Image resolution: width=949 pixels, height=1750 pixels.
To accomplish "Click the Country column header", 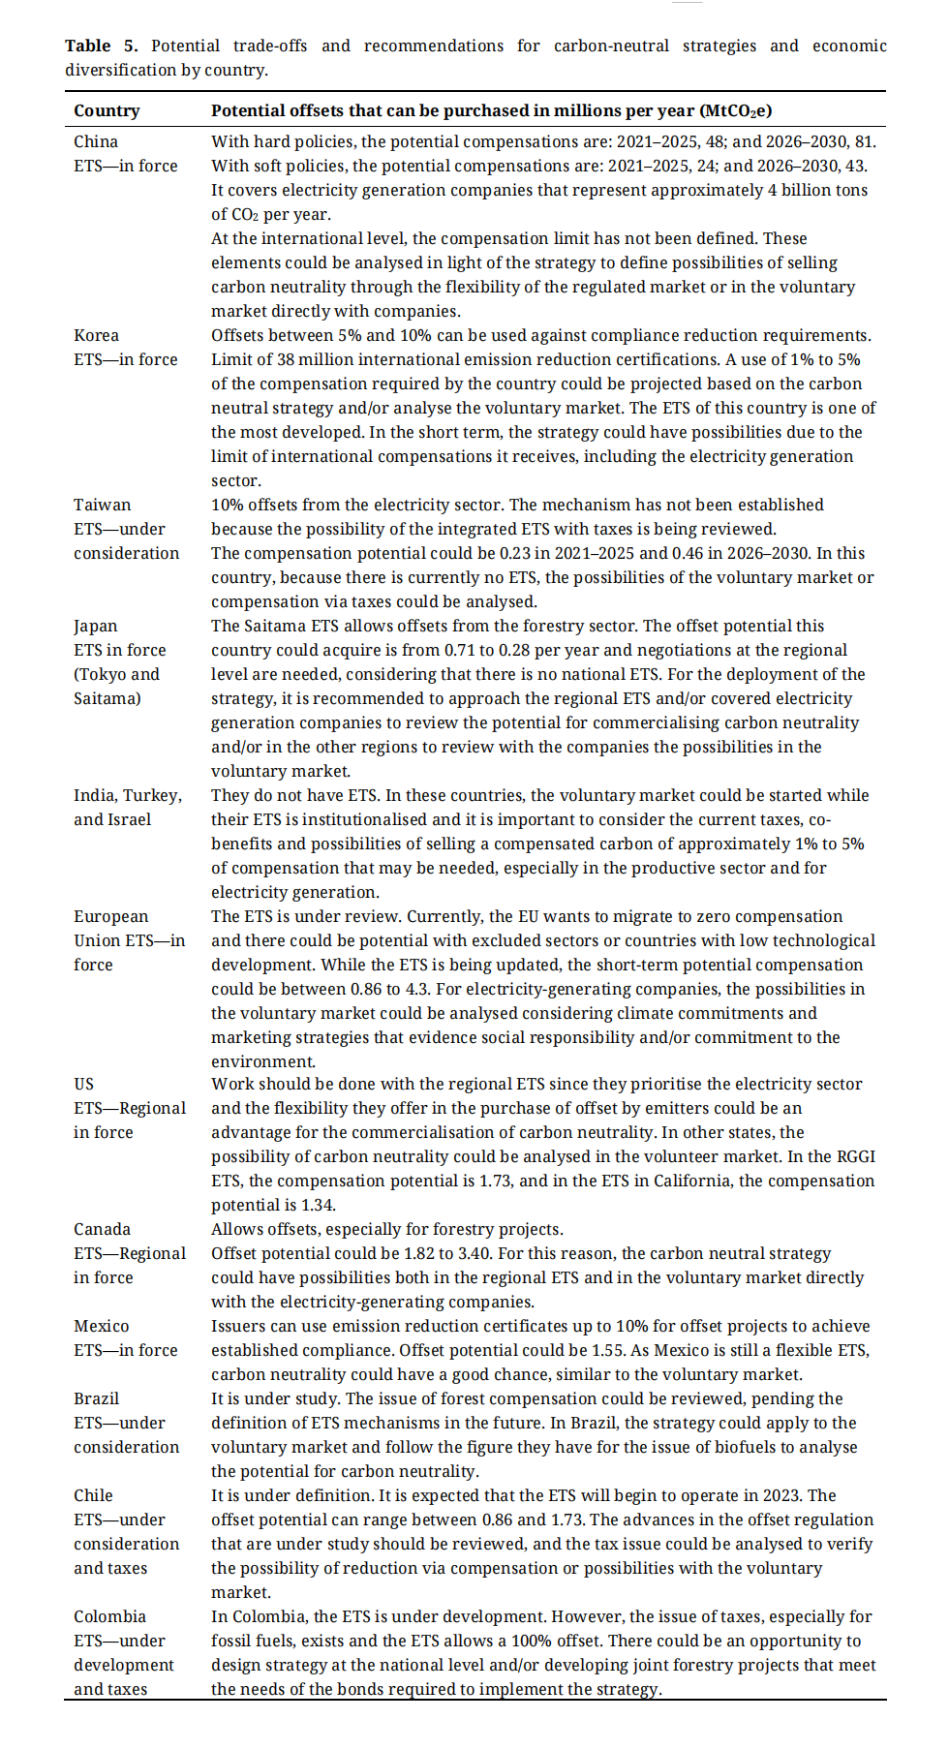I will click(x=107, y=111).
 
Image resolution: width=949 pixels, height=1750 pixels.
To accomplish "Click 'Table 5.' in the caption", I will click(x=102, y=46).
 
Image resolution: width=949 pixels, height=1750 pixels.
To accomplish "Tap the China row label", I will click(x=96, y=141).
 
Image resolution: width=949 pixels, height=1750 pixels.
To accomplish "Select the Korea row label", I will click(x=96, y=335).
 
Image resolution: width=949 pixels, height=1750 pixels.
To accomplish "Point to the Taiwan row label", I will click(x=102, y=505).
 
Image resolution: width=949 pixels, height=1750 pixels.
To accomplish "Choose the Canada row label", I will click(x=102, y=1229).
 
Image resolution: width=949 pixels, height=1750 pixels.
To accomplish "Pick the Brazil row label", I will click(x=96, y=1398).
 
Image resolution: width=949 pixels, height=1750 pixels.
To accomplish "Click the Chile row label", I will click(x=93, y=1495).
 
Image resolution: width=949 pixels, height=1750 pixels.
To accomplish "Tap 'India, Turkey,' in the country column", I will click(x=128, y=795).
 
